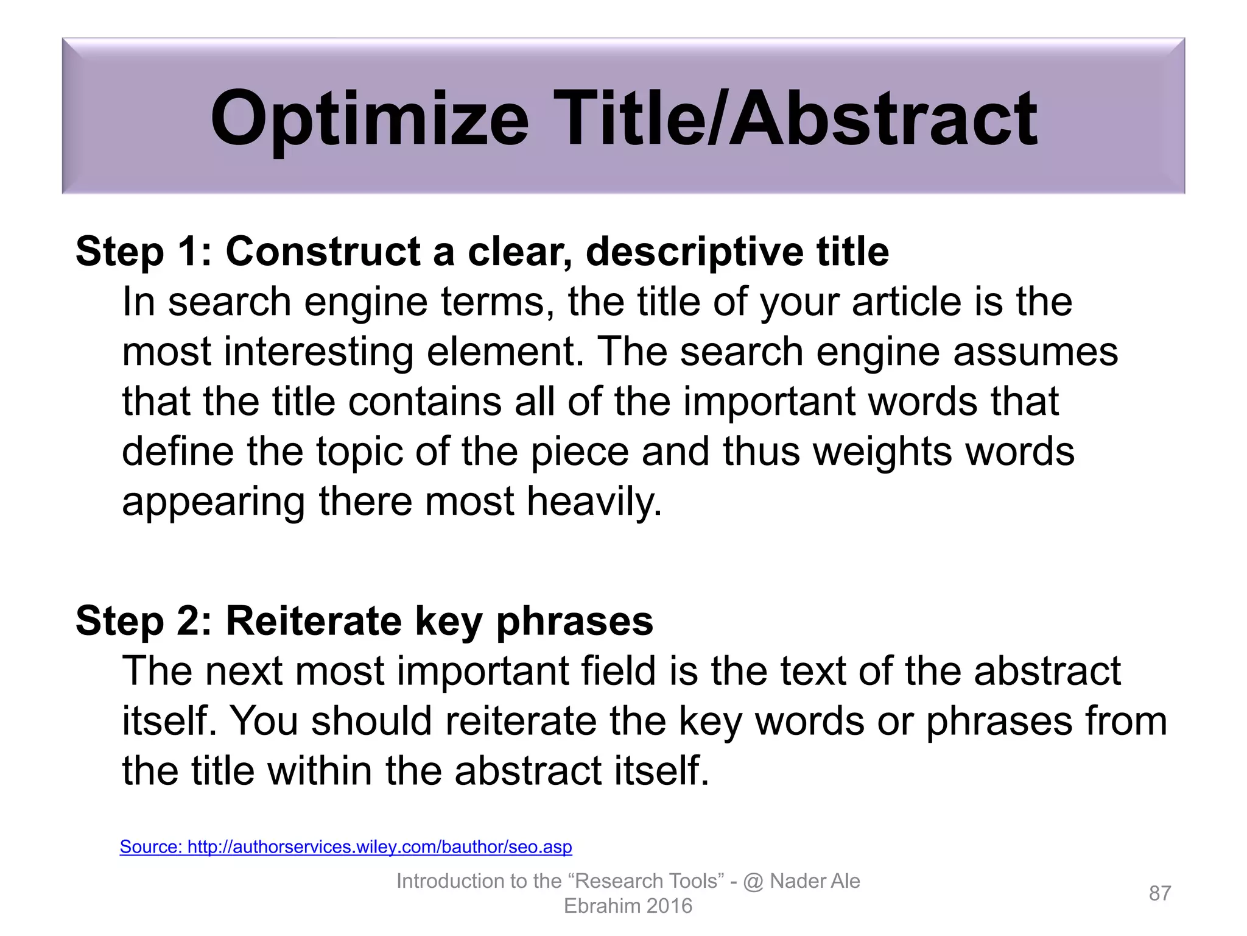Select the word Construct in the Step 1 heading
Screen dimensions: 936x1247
pos(323,251)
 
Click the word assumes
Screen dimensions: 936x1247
pos(1035,352)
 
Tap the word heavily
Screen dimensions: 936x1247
pos(594,502)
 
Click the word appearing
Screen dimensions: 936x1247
pos(213,502)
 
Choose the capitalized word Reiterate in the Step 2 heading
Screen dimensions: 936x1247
pos(314,621)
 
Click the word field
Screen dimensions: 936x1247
pos(619,671)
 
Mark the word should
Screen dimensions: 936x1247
pos(371,721)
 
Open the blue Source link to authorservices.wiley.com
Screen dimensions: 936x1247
pos(345,846)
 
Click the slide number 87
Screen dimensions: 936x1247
pos(1159,893)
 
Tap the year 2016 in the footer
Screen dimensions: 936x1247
pos(669,906)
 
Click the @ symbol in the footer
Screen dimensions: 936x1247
pos(753,882)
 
